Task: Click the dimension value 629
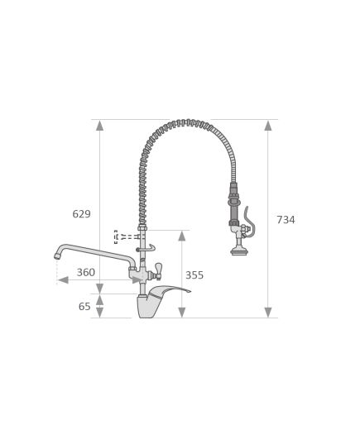81,214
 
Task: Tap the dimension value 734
286,220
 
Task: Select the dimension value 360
85,272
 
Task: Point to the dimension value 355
194,275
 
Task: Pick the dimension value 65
84,307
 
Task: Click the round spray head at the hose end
239,251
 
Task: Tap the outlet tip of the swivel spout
58,256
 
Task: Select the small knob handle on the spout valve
157,268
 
